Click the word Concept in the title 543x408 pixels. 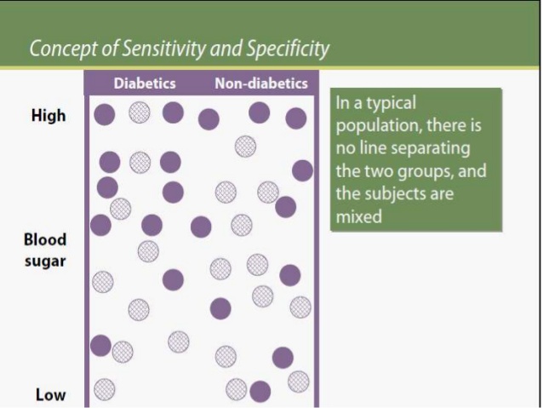[x=64, y=49]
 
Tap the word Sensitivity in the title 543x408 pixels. [x=164, y=48]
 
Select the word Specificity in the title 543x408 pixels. [x=288, y=49]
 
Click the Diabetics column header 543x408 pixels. [x=145, y=83]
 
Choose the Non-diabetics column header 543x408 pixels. [x=261, y=83]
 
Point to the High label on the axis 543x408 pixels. [x=49, y=116]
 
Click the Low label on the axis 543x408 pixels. [x=50, y=395]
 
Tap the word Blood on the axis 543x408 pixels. [x=45, y=239]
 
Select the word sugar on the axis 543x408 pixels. [x=45, y=261]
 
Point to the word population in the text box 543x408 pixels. [x=379, y=126]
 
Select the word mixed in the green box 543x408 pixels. [x=359, y=217]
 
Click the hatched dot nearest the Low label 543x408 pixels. [x=104, y=389]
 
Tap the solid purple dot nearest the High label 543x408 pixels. [x=104, y=114]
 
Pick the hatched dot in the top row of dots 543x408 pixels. [x=140, y=112]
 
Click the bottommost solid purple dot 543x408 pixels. [x=260, y=391]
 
